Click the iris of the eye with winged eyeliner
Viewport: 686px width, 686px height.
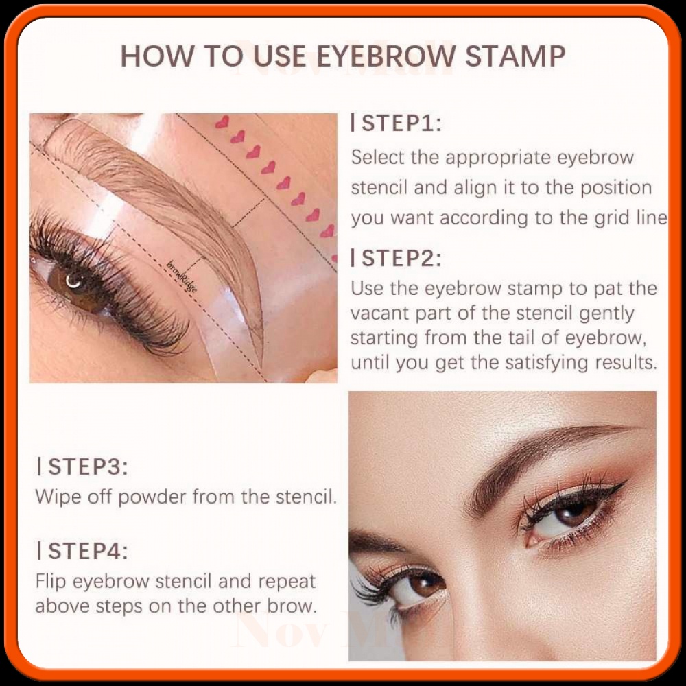coord(573,511)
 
